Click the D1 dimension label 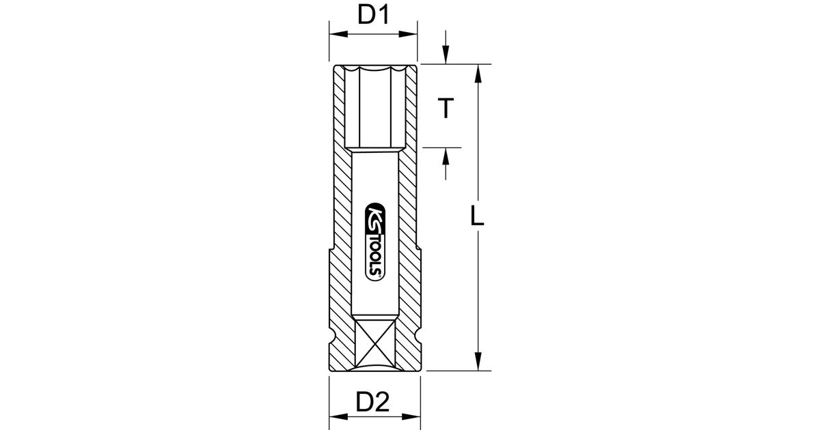point(373,15)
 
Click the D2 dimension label point(372,402)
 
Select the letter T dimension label point(446,108)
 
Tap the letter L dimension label point(477,216)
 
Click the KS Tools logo point(375,242)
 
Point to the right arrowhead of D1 point(408,34)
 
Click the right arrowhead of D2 point(411,417)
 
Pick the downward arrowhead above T point(446,55)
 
